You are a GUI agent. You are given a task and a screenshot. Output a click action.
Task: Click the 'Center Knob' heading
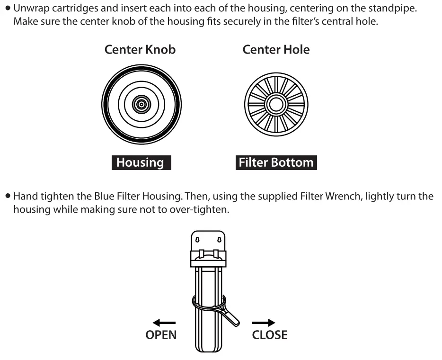point(140,50)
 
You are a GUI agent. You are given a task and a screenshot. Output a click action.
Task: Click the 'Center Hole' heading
point(276,50)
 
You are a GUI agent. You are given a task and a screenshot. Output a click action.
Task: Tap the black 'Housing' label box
point(140,162)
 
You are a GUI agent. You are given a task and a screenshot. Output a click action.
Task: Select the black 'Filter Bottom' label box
point(276,162)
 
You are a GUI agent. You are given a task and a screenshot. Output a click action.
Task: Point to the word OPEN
point(160,335)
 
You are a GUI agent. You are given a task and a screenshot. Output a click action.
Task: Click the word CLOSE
point(269,335)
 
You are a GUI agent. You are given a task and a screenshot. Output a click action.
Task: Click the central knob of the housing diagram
point(141,104)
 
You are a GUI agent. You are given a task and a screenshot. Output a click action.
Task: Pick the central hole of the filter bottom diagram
point(276,104)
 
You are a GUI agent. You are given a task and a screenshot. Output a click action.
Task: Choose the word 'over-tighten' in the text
point(204,209)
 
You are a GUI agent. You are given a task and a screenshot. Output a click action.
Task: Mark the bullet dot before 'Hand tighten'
point(8,196)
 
